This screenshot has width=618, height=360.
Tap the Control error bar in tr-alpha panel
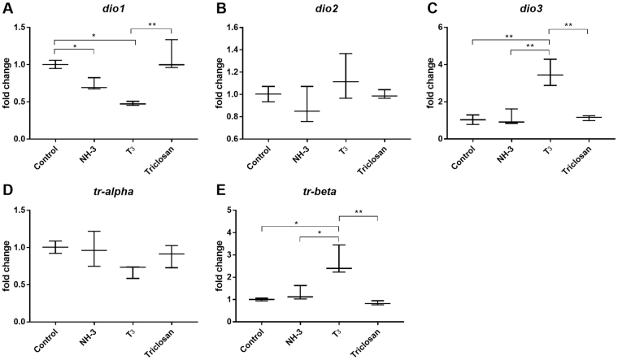tap(55, 247)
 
